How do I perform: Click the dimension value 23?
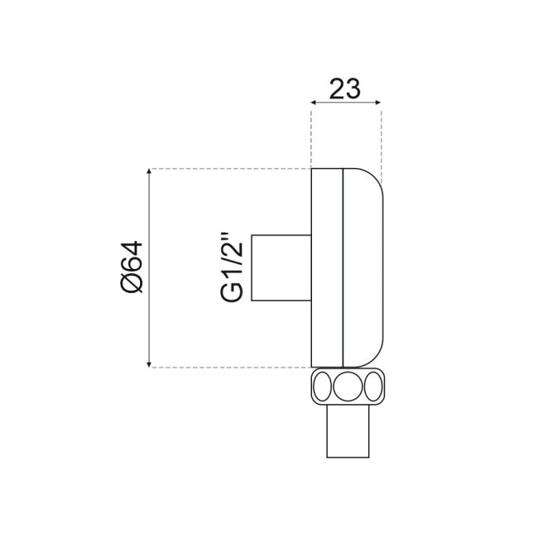coord(346,87)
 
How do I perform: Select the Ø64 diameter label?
coord(132,267)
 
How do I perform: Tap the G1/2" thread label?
coord(232,267)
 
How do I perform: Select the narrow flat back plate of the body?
coord(326,267)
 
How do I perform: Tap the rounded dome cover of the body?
coord(363,267)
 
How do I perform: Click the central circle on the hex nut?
coord(347,386)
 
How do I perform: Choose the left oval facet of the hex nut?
coord(321,386)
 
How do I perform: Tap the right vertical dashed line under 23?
coord(382,141)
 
